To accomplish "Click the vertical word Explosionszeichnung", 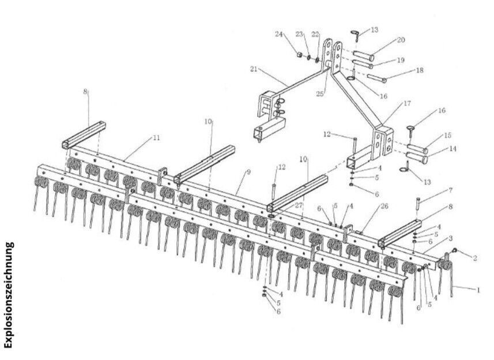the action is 8,295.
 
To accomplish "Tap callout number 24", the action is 279,34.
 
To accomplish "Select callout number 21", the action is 254,69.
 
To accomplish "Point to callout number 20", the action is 401,40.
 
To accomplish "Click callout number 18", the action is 420,70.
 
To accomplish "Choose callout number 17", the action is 407,103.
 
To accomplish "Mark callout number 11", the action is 156,138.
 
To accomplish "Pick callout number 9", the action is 248,172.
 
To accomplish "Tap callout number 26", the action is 384,206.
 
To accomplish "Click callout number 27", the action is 299,205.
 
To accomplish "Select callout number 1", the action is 478,290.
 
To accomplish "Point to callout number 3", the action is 451,238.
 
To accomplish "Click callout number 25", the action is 320,94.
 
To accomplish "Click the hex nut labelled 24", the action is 300,55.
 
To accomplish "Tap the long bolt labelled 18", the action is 377,78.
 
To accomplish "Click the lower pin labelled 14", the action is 417,157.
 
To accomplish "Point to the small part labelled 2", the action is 455,250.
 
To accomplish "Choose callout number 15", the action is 448,136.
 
